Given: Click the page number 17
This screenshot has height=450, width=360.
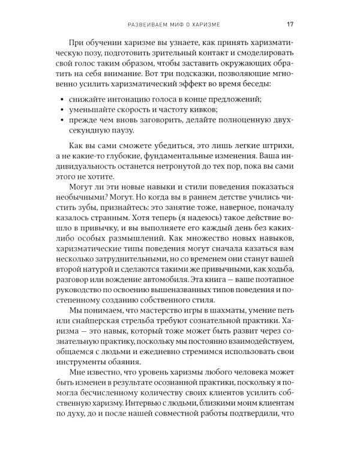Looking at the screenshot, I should click(289, 25).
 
